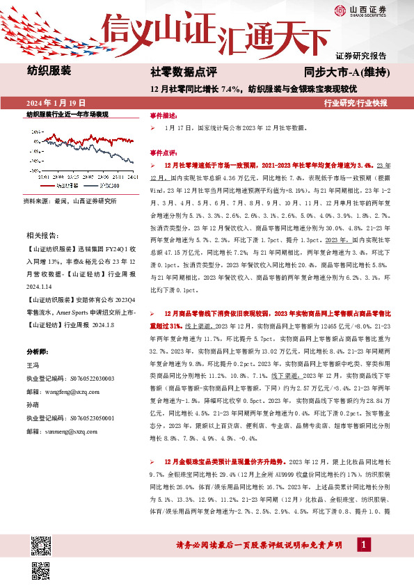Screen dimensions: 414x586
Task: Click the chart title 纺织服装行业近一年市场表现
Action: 67,113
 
